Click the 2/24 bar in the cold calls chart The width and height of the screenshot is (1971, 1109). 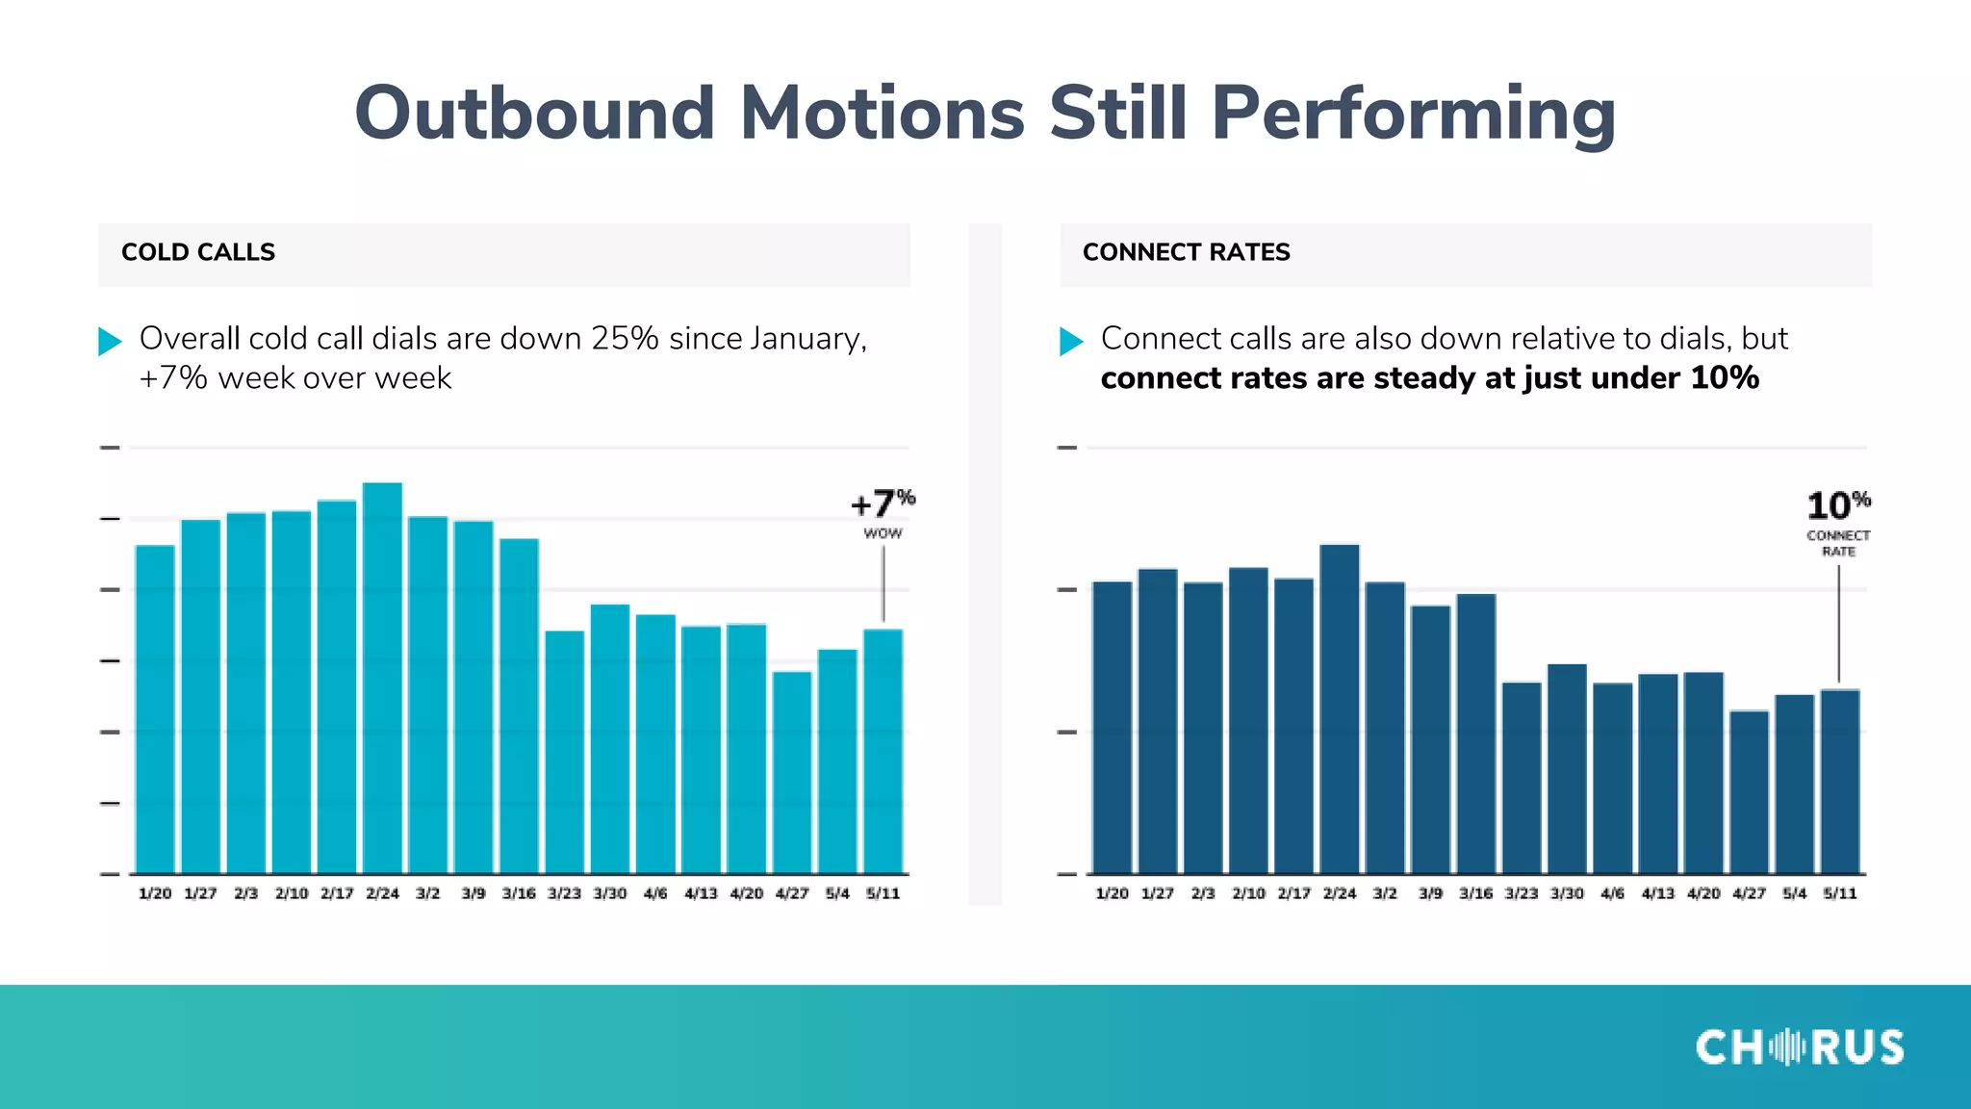tap(382, 679)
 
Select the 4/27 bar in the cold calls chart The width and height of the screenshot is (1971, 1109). tap(792, 772)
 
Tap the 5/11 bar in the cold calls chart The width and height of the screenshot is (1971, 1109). tap(883, 751)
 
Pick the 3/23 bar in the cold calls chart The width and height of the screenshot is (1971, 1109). tap(564, 752)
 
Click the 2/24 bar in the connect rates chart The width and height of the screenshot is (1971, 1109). tap(1339, 709)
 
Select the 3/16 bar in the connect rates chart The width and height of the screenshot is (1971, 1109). tap(1475, 734)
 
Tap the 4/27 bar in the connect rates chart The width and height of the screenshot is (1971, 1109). tap(1749, 792)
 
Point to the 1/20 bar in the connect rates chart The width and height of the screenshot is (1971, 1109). tap(1112, 728)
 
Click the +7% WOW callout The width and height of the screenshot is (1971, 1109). tap(883, 512)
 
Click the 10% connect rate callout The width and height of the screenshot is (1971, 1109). tap(1837, 520)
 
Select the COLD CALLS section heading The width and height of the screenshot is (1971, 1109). tap(198, 252)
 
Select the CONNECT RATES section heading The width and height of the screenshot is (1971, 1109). tap(1186, 252)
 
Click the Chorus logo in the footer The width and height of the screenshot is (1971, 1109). tap(1799, 1047)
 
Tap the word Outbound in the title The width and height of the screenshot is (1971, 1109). tap(534, 114)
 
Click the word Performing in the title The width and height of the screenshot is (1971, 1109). tap(1413, 114)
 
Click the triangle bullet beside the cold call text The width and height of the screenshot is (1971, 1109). tap(110, 341)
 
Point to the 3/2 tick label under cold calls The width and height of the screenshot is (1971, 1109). tap(427, 893)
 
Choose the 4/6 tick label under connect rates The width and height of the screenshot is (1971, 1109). tap(1612, 893)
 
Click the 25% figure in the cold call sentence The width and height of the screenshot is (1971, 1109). tap(625, 339)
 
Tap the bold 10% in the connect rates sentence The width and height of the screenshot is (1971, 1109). tap(1724, 378)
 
